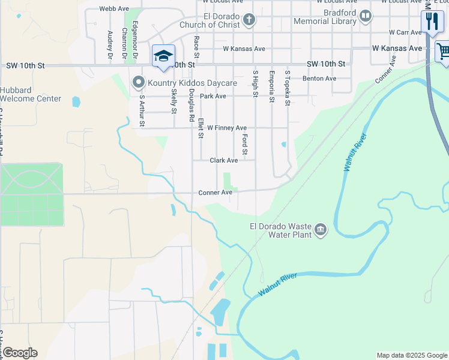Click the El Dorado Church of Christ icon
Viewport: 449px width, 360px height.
coord(249,21)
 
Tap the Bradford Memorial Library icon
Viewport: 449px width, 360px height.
coord(366,16)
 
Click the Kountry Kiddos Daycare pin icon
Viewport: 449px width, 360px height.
coord(139,82)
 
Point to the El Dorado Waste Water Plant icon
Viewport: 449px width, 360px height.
coord(321,230)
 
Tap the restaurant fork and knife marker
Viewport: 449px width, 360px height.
coord(432,22)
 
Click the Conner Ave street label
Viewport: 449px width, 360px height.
coord(215,193)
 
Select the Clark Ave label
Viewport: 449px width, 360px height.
coord(223,160)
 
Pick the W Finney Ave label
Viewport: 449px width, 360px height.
coord(227,128)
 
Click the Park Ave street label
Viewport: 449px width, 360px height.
coord(213,96)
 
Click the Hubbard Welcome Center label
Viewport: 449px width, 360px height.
coord(30,94)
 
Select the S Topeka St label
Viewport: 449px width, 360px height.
coord(288,88)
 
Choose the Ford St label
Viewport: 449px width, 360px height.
coord(245,143)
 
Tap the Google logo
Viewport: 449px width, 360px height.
coord(19,353)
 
